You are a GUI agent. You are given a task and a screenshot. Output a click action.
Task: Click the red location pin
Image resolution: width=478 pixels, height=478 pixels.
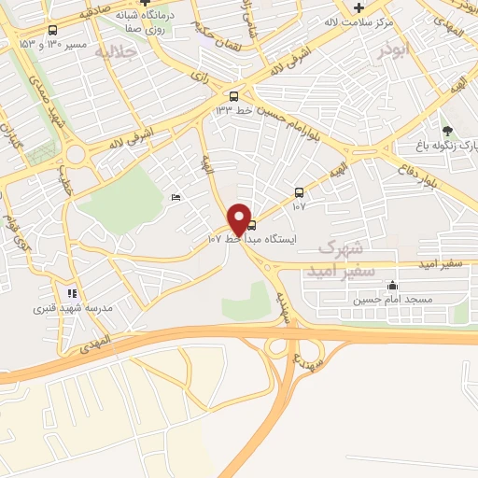[239, 218]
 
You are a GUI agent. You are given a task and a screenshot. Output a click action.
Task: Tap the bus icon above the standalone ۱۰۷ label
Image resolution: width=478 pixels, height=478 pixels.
[299, 192]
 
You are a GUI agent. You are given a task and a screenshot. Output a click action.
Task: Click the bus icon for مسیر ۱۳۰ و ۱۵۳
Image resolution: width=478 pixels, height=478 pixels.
[50, 30]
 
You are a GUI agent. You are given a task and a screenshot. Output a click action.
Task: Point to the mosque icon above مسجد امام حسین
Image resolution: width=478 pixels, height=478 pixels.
[392, 286]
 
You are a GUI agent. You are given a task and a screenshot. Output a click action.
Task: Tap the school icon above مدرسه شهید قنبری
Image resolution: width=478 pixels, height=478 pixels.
[72, 293]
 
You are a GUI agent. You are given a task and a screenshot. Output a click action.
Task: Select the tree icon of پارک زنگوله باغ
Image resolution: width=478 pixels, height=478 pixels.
[447, 131]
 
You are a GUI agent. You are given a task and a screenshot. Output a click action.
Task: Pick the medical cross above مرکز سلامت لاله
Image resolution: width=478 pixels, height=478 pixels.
[358, 7]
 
